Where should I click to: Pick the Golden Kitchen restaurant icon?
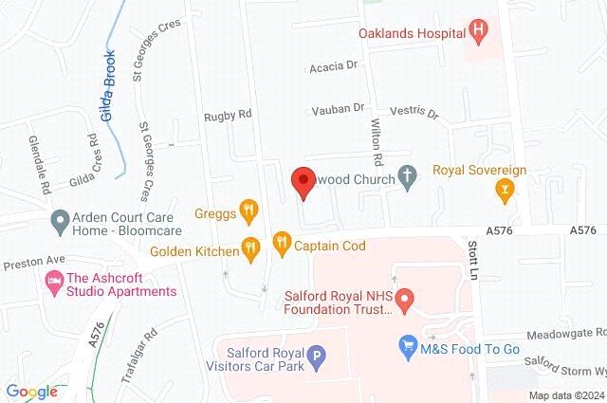(249, 248)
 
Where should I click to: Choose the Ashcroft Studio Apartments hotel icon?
(51, 282)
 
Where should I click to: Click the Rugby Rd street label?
(228, 115)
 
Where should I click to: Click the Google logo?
(31, 391)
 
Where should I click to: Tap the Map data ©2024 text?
(565, 395)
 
